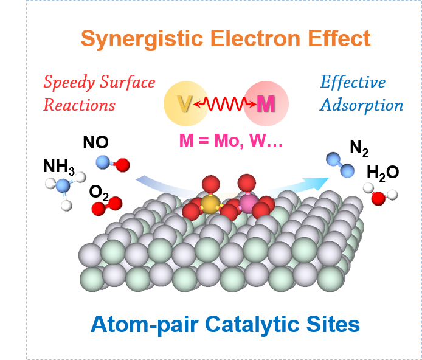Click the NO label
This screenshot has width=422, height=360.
95,142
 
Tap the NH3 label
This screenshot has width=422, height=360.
58,167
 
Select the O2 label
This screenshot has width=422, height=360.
99,193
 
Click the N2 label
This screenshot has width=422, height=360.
359,148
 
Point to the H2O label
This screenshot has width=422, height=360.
382,173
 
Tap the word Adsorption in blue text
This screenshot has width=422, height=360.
361,105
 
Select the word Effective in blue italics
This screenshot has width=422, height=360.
353,82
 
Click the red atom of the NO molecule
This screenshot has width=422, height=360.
122,164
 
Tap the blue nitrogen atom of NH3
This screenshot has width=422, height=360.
63,190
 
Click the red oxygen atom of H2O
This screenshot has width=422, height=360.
378,198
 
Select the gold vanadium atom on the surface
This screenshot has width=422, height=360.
210,204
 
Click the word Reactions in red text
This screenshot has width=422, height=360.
79,105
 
